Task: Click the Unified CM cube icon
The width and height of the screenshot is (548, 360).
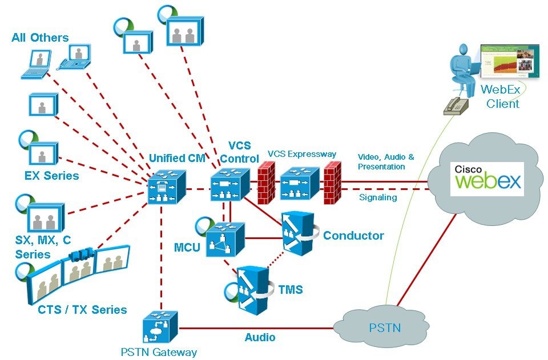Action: pyautogui.click(x=166, y=185)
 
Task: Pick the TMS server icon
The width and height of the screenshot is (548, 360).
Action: pyautogui.click(x=253, y=289)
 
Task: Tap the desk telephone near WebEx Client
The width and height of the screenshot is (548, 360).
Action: pyautogui.click(x=456, y=105)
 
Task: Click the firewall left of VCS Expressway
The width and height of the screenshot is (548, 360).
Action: pyautogui.click(x=266, y=183)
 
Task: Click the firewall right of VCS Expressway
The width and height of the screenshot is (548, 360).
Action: pyautogui.click(x=332, y=183)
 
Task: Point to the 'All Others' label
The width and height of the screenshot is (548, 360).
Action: pyautogui.click(x=40, y=38)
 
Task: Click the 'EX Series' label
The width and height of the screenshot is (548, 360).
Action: pyautogui.click(x=51, y=176)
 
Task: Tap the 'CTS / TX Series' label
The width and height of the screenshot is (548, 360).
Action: pyautogui.click(x=82, y=310)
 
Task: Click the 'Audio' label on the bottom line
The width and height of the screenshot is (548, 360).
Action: pyautogui.click(x=260, y=337)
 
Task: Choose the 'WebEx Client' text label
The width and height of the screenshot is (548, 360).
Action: pyautogui.click(x=499, y=96)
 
